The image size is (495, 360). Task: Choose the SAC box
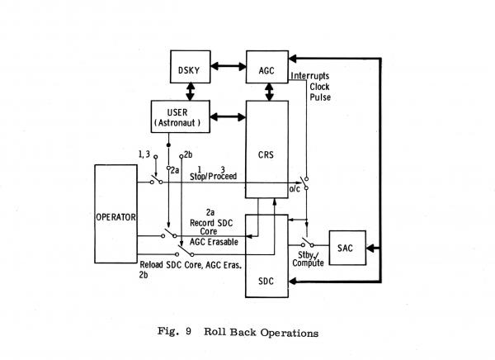click(346, 247)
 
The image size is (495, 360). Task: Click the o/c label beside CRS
click(295, 189)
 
